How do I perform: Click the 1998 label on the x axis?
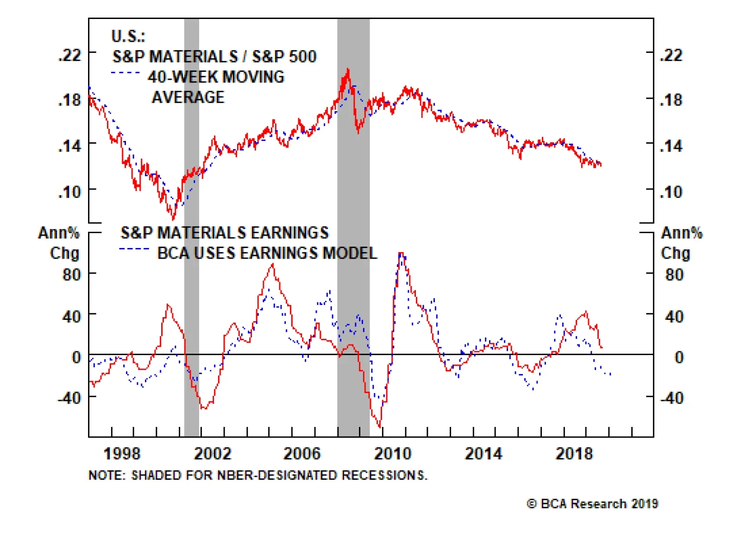click(x=122, y=453)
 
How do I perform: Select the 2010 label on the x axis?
click(x=393, y=453)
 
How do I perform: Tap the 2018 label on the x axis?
click(x=574, y=453)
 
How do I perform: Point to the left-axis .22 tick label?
click(x=70, y=55)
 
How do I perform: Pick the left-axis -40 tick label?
click(x=70, y=397)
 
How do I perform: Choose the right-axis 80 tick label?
click(x=674, y=274)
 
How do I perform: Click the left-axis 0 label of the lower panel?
click(x=76, y=357)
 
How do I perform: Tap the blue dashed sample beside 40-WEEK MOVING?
click(x=126, y=73)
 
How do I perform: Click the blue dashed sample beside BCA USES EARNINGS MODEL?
click(x=134, y=249)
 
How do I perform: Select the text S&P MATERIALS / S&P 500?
click(x=214, y=57)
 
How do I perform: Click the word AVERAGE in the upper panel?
click(x=188, y=97)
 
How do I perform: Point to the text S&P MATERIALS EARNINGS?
click(x=225, y=232)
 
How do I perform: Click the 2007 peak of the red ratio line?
click(x=347, y=70)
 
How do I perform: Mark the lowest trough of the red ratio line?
click(x=174, y=219)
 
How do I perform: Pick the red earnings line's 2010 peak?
click(x=401, y=254)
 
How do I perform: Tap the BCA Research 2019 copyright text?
click(x=592, y=504)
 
